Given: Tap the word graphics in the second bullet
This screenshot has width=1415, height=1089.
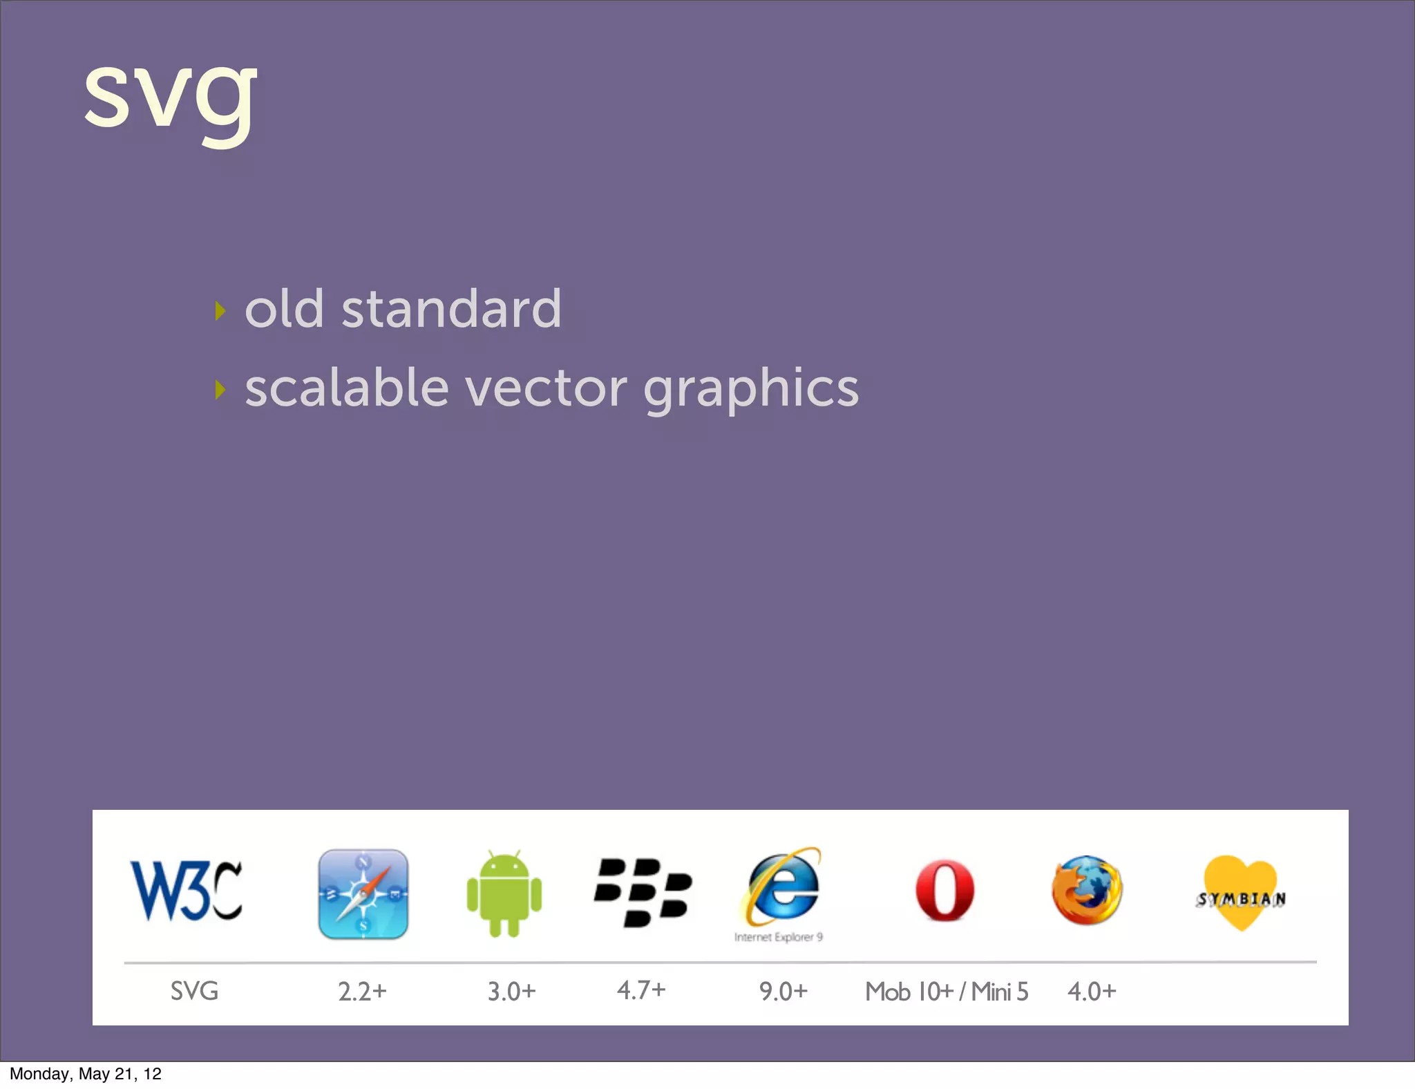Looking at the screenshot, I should (x=751, y=390).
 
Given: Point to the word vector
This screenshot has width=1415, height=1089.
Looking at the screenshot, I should (x=546, y=388).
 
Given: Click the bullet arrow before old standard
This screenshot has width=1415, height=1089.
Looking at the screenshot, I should (x=220, y=310).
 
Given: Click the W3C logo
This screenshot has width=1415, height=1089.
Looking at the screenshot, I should (x=187, y=891).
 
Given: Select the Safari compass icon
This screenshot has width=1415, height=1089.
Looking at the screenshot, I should (x=363, y=894).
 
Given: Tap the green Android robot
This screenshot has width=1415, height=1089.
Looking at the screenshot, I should (x=504, y=894).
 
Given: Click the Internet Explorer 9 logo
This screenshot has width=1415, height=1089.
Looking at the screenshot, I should (x=782, y=891).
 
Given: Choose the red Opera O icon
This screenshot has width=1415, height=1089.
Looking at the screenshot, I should (x=944, y=891).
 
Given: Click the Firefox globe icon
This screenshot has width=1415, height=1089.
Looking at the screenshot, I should (x=1087, y=890).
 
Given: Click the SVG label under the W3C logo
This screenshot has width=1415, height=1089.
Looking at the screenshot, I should (x=194, y=992).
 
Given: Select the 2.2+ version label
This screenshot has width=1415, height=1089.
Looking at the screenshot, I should (x=362, y=992).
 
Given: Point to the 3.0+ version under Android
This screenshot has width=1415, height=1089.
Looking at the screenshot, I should (x=511, y=992).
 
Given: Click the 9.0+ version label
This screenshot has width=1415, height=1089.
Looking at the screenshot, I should (x=784, y=992).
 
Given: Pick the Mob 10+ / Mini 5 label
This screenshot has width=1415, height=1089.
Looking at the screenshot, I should (x=947, y=992).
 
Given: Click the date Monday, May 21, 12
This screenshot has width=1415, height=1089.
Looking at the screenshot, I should (x=86, y=1074).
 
